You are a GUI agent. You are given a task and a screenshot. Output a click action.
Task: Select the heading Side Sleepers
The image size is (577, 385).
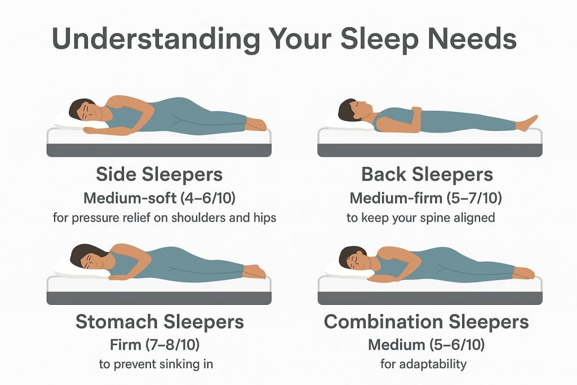[159, 175]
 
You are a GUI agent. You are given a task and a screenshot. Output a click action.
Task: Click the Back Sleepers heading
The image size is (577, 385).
[427, 175]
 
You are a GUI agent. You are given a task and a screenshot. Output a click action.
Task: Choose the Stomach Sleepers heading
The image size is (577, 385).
[159, 322]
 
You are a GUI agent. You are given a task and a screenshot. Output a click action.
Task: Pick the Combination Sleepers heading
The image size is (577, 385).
[427, 322]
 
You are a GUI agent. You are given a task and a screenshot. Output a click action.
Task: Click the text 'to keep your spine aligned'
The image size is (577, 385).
[421, 218]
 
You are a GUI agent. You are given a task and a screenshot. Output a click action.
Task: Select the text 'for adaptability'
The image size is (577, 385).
[423, 364]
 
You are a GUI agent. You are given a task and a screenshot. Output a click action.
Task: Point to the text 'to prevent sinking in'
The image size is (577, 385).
[156, 364]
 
